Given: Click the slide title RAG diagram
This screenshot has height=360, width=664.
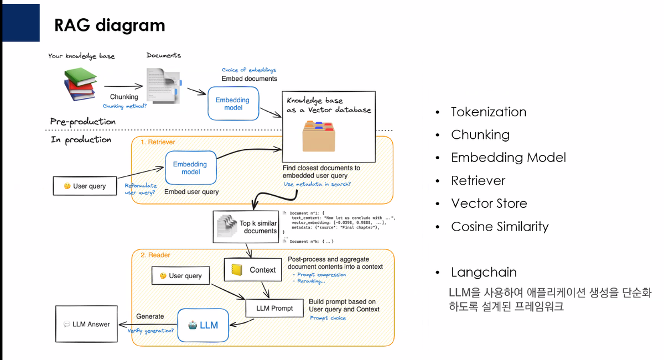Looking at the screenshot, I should point(109,25).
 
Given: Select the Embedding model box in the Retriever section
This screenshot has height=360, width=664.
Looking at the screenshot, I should point(190,168).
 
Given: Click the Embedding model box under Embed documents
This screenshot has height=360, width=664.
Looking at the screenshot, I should point(232,104).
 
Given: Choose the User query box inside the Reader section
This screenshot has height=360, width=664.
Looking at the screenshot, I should point(181,275).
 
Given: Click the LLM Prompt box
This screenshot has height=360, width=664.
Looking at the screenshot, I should point(274,308).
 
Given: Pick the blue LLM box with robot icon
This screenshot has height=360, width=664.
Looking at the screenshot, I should point(203,325).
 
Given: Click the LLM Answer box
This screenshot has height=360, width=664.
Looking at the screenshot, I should point(87,324).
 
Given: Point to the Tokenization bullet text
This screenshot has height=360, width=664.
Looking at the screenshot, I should point(489,112).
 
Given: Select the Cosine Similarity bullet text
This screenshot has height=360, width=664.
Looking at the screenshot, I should point(500,227).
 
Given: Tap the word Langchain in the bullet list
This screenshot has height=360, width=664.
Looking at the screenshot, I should point(484,272).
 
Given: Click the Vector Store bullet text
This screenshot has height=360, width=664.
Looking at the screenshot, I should point(489,204).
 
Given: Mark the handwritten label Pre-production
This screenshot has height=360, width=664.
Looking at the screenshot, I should point(83,122).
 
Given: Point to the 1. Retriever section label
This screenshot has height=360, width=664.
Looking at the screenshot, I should point(158,142).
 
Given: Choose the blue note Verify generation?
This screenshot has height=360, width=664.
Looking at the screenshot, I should point(151,331).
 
